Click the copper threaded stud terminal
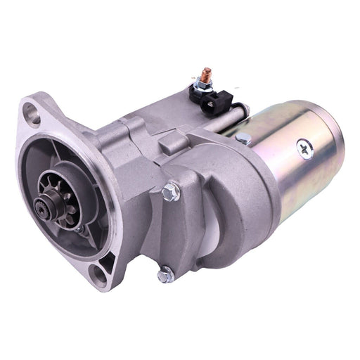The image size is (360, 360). coord(207,72)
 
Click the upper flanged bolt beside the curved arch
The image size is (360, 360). coord(169,190)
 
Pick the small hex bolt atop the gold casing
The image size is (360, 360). coord(243,139)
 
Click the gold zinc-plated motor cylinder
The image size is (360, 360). coord(288,176)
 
